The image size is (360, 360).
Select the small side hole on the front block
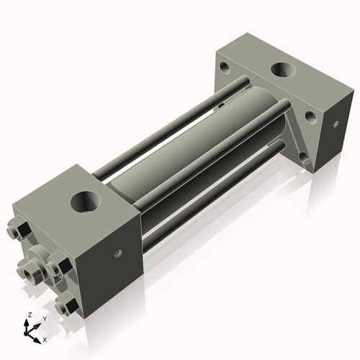click(x=116, y=253)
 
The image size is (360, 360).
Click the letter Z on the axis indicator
click(x=29, y=315)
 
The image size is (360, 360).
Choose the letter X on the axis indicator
click(x=45, y=338)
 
